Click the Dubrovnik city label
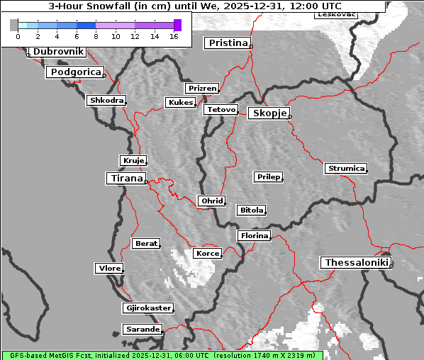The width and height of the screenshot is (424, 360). coord(58,52)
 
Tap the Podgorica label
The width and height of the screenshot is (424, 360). coord(74,72)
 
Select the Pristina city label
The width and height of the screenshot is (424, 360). coord(228,43)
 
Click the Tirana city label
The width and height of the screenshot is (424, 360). coord(125,179)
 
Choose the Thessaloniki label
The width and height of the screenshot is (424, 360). coord(356,263)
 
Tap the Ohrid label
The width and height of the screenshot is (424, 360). coord(212,201)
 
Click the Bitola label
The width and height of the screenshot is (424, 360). coord(251,210)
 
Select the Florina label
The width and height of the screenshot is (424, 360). coord(254,235)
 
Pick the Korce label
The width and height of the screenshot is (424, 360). coord(208,253)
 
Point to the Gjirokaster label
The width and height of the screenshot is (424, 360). coord(147,308)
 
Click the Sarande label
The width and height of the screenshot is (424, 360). coord(142,330)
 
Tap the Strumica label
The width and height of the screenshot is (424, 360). coord(346,169)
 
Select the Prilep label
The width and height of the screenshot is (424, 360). coord(269,176)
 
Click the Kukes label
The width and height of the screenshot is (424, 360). coord(180,103)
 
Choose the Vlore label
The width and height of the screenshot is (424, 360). coord(109,269)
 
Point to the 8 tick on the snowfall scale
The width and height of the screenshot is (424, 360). coord(96,35)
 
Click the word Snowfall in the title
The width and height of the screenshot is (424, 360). coord(112,6)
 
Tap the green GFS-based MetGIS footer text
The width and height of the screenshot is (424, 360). coord(162,355)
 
